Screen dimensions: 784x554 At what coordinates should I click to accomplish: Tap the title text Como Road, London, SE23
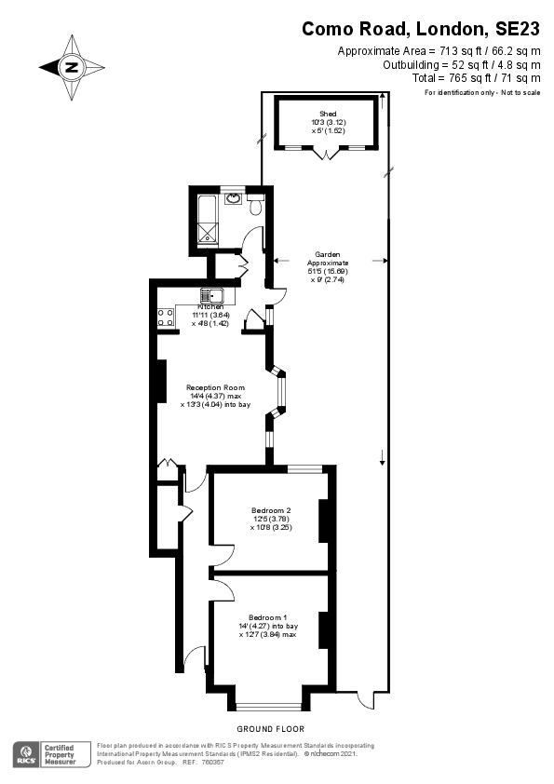pos(421,30)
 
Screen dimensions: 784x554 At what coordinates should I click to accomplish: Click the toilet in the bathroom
pos(255,210)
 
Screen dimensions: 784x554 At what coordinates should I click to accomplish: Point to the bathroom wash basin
pos(234,197)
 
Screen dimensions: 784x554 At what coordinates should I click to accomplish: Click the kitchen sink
pos(206,296)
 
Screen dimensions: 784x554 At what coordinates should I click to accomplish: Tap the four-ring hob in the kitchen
pos(166,318)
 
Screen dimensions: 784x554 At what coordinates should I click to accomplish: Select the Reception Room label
pos(215,387)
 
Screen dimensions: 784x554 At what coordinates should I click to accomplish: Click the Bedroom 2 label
pos(271,510)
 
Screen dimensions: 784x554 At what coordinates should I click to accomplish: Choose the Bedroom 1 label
pos(267,617)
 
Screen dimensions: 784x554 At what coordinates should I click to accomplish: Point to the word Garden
pos(326,254)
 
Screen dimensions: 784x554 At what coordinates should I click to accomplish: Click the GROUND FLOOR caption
pos(270,728)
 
